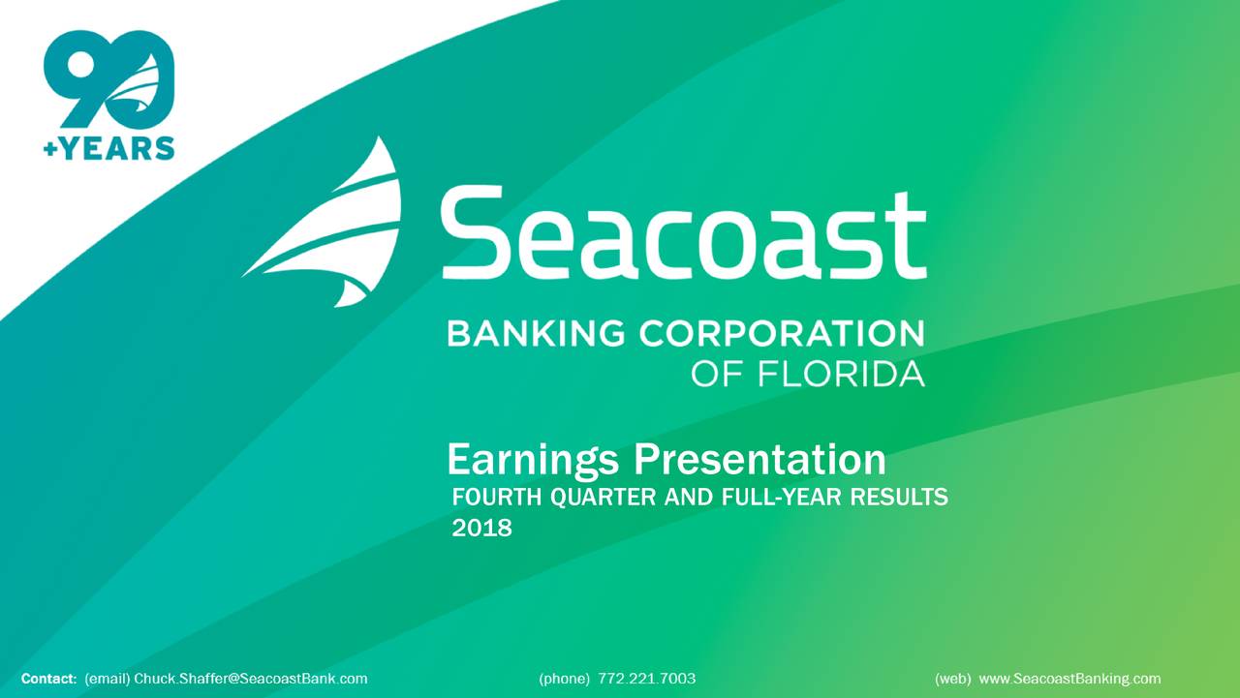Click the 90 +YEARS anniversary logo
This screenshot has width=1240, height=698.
tap(108, 93)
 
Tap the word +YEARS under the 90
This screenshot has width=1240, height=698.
tap(108, 147)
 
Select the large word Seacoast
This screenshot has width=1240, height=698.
tap(683, 233)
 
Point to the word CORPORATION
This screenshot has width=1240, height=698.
tap(781, 334)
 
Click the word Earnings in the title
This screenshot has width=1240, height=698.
tap(532, 459)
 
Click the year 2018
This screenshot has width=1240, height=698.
tap(481, 529)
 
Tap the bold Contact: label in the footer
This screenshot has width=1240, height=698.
tap(48, 679)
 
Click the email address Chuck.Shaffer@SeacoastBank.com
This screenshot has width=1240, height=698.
tap(250, 679)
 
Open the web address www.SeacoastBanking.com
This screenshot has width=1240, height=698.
tap(1069, 679)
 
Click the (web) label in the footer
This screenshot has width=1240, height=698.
tap(952, 679)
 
